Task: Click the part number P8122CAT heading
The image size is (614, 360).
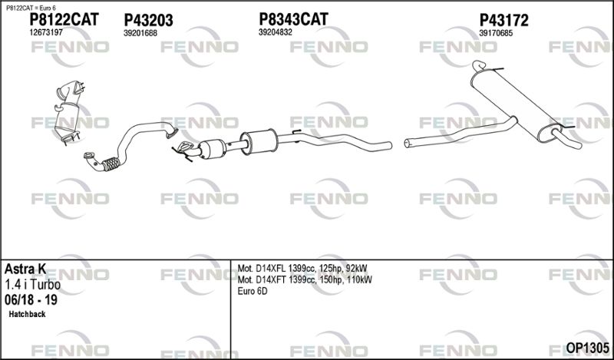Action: [64, 20]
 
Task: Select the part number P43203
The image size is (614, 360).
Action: [148, 21]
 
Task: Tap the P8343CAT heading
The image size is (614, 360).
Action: [293, 18]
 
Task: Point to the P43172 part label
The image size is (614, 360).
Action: [504, 20]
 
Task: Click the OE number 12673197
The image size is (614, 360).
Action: [46, 32]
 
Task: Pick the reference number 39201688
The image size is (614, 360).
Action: [140, 33]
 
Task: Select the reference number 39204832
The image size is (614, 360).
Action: [276, 32]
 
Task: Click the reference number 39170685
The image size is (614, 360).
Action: [496, 33]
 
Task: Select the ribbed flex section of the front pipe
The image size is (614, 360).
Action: [111, 163]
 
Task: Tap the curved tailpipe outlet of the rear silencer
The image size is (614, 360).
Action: [567, 139]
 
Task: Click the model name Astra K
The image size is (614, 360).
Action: [25, 269]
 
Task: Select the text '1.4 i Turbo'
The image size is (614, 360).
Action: [32, 285]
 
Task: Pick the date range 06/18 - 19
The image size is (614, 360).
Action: [31, 300]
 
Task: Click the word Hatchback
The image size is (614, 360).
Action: [27, 314]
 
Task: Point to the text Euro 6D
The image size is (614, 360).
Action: [253, 292]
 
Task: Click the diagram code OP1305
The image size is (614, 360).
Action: [588, 348]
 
